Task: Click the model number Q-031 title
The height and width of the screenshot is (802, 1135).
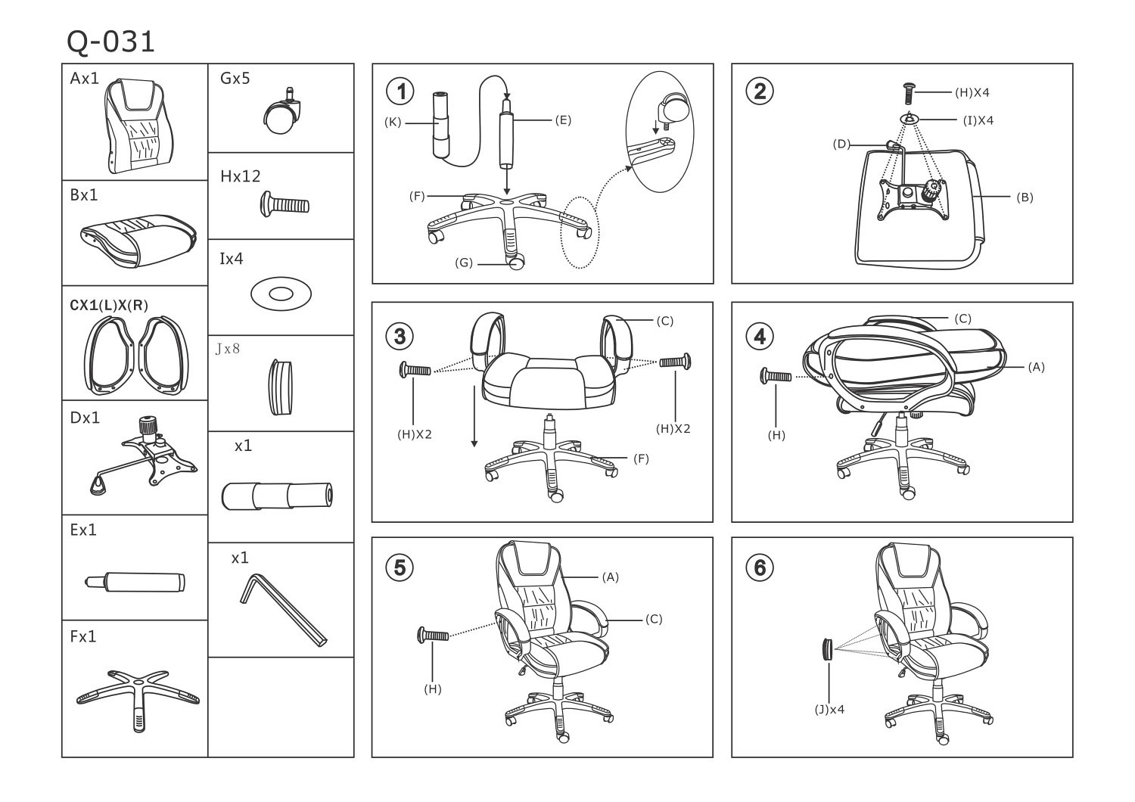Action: tap(111, 42)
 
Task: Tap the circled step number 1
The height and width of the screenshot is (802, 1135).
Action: tap(400, 92)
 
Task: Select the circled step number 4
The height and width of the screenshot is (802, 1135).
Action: tap(760, 336)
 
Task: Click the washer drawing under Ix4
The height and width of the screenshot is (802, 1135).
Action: tap(280, 293)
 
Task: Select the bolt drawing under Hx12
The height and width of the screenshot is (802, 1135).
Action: tap(285, 204)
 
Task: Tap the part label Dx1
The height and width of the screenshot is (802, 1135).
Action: tap(85, 418)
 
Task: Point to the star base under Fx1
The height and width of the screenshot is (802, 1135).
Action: tap(138, 696)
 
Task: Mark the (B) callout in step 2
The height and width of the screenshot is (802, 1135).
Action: tap(1025, 197)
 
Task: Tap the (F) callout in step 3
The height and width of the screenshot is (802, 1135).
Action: tap(641, 459)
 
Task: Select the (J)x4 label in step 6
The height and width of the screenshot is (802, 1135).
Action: tap(829, 709)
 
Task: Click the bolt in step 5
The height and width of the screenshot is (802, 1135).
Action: tap(433, 636)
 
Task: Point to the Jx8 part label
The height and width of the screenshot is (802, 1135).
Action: tap(228, 349)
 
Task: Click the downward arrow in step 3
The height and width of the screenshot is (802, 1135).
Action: tap(474, 416)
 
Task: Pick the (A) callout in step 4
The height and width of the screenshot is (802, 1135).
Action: tap(1036, 367)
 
